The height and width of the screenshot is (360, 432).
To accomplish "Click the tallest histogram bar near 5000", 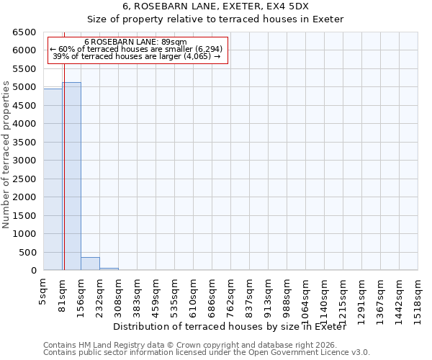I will [71, 176].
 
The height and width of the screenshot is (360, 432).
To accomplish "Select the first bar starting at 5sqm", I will [53, 180].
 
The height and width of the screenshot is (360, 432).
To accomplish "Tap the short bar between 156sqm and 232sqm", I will [90, 264].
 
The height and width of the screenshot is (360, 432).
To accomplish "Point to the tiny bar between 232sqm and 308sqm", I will [109, 269].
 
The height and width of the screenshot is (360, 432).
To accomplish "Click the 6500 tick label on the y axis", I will [24, 32].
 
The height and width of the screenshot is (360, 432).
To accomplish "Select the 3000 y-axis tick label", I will [24, 161].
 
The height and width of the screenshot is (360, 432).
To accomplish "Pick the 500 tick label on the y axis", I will [27, 252].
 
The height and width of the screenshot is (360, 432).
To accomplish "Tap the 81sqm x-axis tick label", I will [62, 296].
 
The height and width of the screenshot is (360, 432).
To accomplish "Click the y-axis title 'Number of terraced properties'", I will [6, 155].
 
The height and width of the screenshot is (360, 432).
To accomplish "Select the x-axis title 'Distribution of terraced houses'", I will [230, 327].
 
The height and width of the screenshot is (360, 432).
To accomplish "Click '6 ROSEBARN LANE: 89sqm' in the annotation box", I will [135, 42].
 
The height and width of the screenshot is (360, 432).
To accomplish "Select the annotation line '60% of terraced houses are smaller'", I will [137, 49].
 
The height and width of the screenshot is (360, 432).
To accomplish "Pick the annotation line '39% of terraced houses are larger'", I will [137, 56].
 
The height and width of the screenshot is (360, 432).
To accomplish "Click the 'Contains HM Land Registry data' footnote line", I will [194, 345].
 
